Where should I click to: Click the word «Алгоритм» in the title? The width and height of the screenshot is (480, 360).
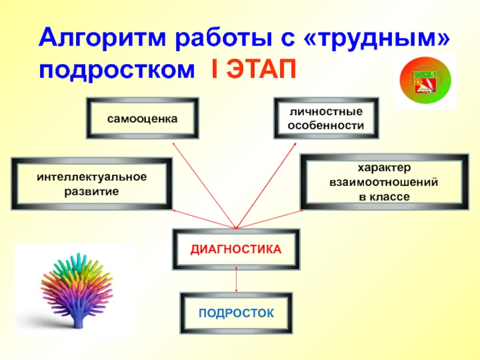coord(102,40)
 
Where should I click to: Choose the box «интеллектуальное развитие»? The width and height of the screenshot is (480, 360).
coord(91,184)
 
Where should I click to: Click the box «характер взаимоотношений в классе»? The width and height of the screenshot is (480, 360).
coord(384,182)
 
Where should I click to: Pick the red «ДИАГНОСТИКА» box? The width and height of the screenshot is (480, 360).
coord(236,248)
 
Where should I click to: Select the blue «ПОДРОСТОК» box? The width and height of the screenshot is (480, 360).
coord(236,313)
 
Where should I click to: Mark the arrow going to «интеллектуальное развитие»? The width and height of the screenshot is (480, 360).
coord(204,219)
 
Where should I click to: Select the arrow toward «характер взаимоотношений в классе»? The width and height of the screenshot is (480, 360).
coord(271,219)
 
